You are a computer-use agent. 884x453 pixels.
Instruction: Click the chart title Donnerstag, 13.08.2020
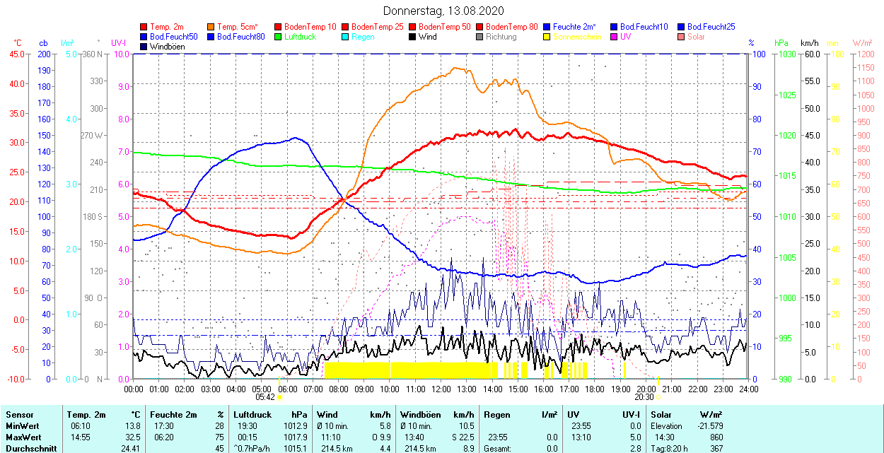443,11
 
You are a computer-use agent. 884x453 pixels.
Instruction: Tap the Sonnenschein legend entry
577,37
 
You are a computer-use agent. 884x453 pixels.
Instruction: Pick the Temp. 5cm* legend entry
237,27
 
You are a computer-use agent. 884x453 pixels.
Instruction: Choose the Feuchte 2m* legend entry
574,27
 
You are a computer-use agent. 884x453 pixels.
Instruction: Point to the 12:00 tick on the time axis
441,389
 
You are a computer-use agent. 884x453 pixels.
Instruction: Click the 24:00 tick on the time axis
748,389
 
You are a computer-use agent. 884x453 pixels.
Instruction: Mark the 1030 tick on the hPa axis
786,54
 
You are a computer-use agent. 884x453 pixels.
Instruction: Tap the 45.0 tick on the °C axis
16,54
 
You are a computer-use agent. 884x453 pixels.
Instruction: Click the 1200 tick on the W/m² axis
865,54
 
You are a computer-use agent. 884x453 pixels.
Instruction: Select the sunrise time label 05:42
265,397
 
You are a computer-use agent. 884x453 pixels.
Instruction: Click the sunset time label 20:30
644,397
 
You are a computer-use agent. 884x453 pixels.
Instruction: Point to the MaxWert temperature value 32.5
132,437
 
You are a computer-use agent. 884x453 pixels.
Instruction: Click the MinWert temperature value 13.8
132,426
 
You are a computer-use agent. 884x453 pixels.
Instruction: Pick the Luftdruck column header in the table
252,415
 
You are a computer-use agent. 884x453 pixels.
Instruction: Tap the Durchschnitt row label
28,447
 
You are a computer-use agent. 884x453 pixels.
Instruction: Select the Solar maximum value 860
715,437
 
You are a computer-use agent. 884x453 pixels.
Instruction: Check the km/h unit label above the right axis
810,43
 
